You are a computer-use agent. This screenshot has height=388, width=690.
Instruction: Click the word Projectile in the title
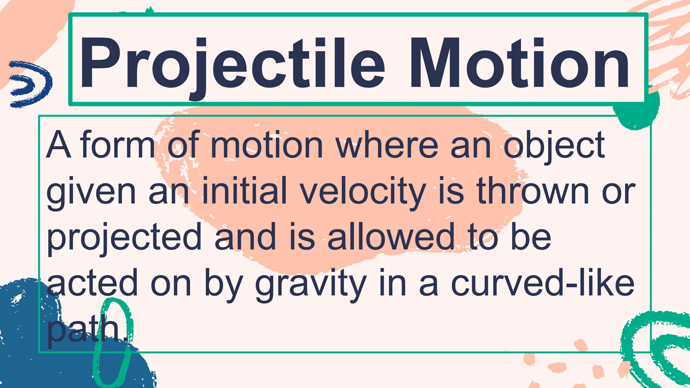tap(232, 64)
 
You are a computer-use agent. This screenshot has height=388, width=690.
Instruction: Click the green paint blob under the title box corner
tap(637, 111)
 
